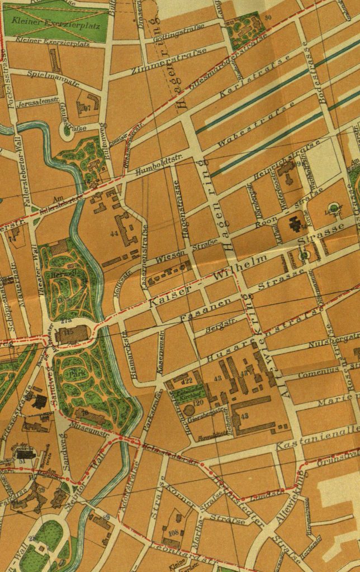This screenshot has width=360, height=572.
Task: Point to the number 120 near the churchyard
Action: coord(196,403)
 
